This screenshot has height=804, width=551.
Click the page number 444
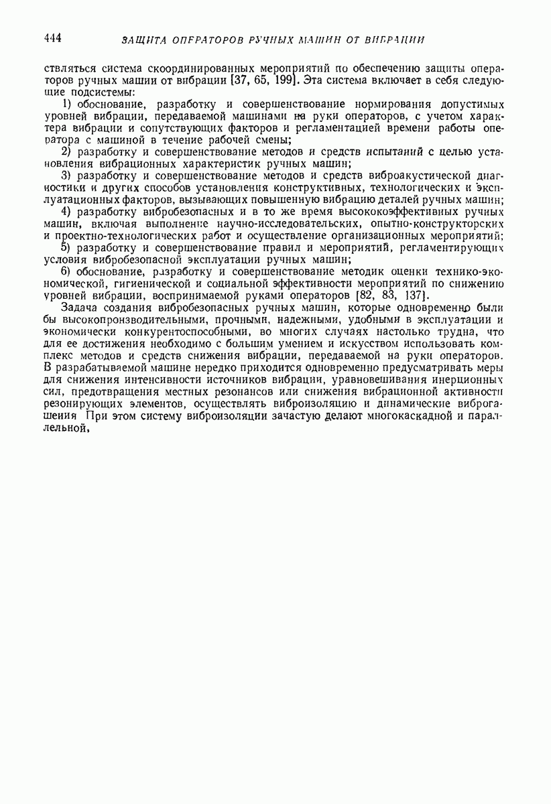(52, 38)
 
